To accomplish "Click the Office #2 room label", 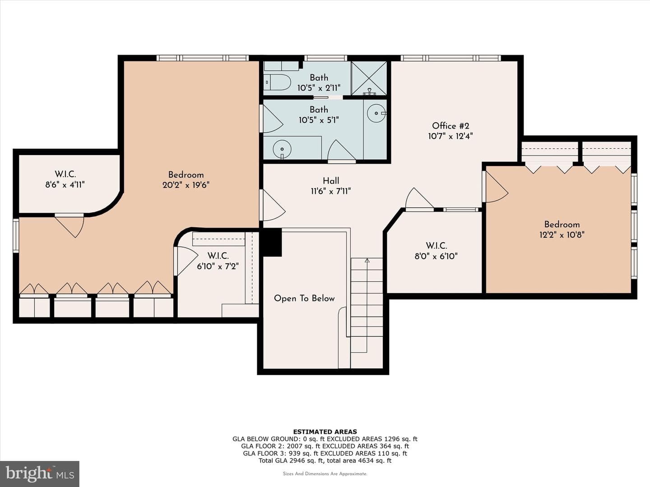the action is pyautogui.click(x=450, y=126).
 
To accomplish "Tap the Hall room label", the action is pyautogui.click(x=331, y=181).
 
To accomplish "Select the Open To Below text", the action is pyautogui.click(x=304, y=299).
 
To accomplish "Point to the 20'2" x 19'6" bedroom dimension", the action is pyautogui.click(x=186, y=185).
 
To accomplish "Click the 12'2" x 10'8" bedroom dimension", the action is pyautogui.click(x=562, y=235).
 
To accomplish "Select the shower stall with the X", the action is pyautogui.click(x=369, y=78).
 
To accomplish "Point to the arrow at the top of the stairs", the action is pyautogui.click(x=367, y=261).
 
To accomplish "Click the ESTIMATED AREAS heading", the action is pyautogui.click(x=325, y=432).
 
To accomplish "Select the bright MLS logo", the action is pyautogui.click(x=40, y=473).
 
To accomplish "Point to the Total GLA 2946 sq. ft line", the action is pyautogui.click(x=325, y=460).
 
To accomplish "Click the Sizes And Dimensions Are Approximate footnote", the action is pyautogui.click(x=325, y=473).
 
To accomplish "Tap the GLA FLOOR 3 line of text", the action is pyautogui.click(x=325, y=453).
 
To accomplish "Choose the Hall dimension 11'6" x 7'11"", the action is pyautogui.click(x=331, y=191).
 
